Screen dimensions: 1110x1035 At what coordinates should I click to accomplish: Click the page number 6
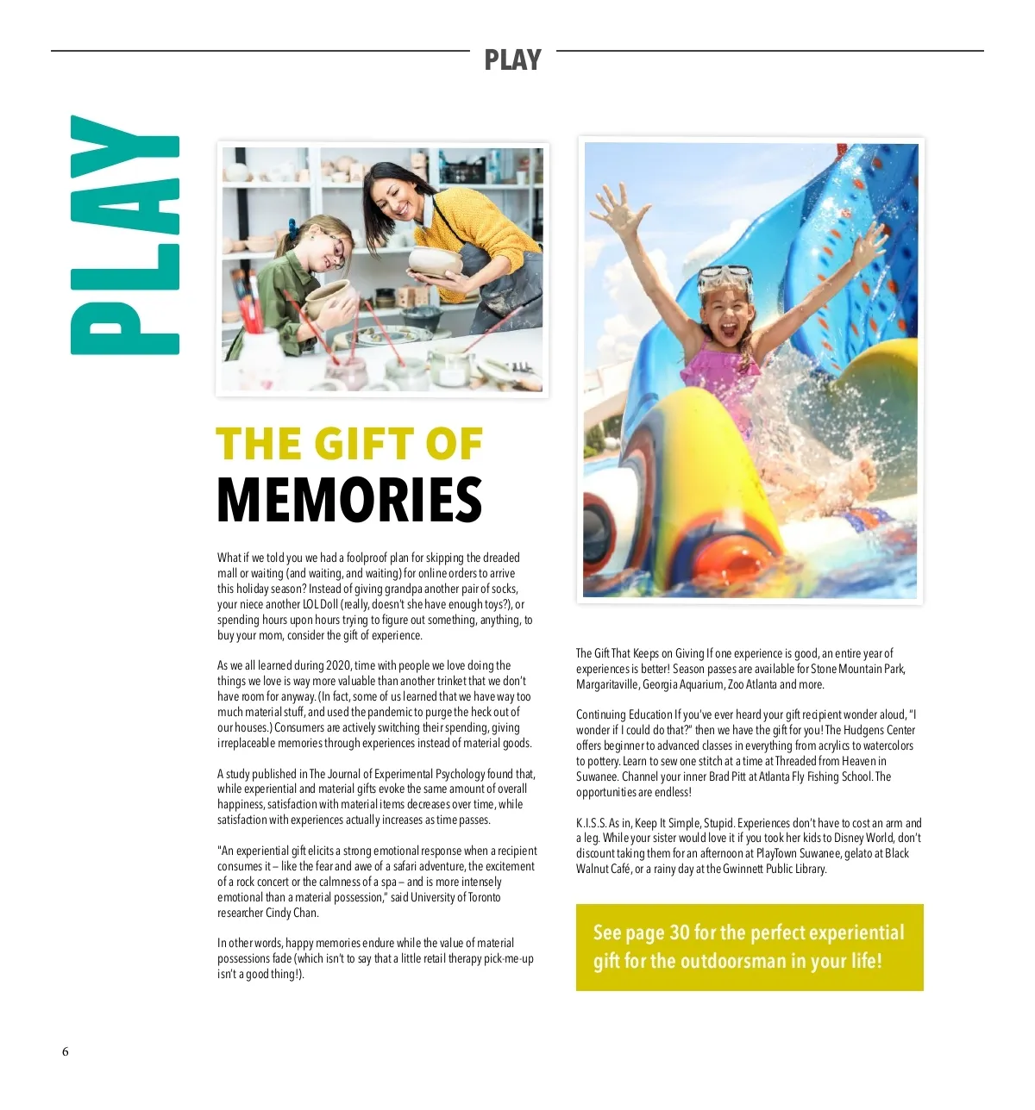click(x=65, y=1051)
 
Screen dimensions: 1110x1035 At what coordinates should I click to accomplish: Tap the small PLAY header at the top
click(x=512, y=59)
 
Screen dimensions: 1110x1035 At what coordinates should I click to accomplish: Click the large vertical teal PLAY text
click(x=125, y=235)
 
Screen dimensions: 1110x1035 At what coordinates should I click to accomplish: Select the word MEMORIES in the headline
click(x=349, y=500)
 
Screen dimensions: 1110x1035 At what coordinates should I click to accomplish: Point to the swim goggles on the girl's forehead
click(x=724, y=278)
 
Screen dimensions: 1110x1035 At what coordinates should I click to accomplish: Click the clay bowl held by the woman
click(x=434, y=261)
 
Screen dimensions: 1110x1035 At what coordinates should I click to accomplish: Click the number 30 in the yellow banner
click(x=680, y=932)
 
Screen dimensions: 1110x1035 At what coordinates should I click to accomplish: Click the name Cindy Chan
click(x=292, y=913)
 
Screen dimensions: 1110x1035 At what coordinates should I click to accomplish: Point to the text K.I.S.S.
click(x=591, y=823)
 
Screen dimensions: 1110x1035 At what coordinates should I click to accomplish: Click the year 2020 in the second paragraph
click(x=338, y=665)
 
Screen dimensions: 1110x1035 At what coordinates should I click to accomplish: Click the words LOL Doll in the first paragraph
click(x=320, y=604)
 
